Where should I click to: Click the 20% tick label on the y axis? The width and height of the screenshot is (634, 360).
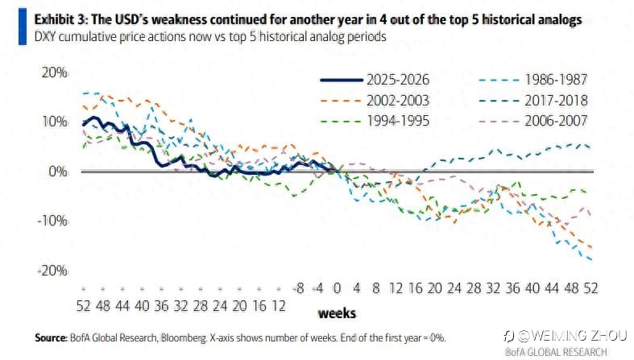[x=54, y=72]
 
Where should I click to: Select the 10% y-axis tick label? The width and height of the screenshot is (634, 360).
[x=54, y=122]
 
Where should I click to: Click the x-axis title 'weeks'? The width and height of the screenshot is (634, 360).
[x=337, y=312]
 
